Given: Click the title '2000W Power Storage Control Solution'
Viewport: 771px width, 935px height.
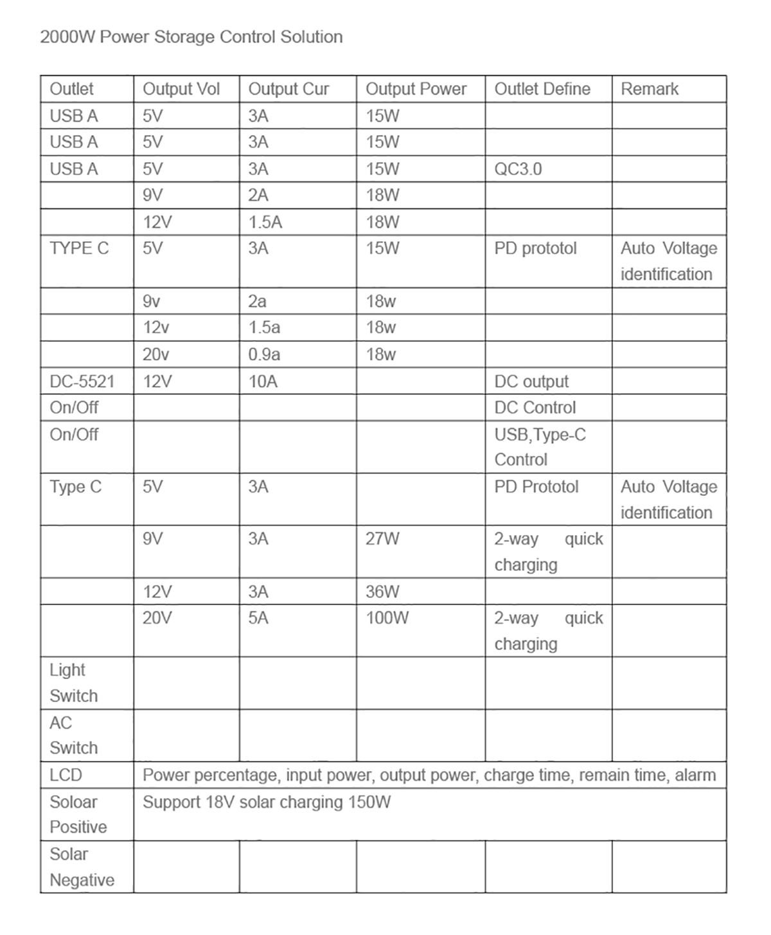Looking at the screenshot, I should tap(191, 37).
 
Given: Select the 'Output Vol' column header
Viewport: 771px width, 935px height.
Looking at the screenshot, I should tap(181, 89).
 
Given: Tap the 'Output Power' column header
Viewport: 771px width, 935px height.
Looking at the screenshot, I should tap(416, 89).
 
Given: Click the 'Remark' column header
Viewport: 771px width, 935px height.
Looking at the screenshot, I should tap(649, 89).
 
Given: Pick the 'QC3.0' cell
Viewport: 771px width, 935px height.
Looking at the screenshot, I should tap(518, 169).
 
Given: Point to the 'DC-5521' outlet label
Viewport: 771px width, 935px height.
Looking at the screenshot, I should tap(82, 381).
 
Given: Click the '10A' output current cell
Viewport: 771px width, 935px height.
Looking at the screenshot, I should tap(263, 381).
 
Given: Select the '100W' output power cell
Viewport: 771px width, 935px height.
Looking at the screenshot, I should tap(387, 618).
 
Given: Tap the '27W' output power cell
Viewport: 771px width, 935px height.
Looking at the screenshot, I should tap(382, 539).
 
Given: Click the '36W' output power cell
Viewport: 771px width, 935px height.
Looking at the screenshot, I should tap(382, 592).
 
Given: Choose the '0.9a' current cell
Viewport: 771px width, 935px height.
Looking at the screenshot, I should tap(264, 354).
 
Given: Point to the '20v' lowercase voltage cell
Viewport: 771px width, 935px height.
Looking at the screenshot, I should tap(156, 354).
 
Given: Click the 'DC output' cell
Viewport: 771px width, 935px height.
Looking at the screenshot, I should tap(531, 381).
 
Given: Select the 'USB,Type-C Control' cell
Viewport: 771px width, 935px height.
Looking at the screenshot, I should tap(540, 447).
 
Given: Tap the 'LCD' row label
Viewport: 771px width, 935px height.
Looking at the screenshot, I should tap(66, 775).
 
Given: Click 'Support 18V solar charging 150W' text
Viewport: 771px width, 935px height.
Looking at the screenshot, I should tap(267, 802).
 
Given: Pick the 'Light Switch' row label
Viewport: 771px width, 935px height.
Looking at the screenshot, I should tap(73, 683).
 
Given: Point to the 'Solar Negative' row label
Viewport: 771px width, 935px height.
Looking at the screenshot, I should tap(82, 867).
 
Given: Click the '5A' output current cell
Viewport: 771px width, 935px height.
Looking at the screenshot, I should tap(258, 618).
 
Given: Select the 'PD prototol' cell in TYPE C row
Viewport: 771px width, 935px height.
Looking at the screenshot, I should tap(535, 248).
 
